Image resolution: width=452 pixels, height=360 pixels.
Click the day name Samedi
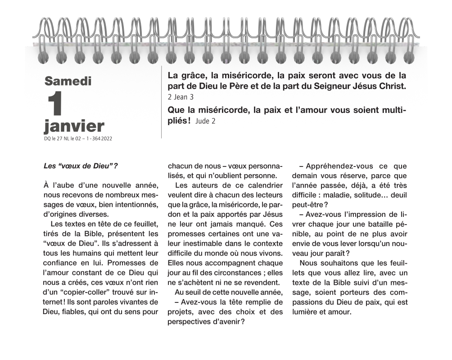pyautogui.click(x=68, y=81)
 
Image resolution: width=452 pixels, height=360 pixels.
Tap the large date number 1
pyautogui.click(x=54, y=104)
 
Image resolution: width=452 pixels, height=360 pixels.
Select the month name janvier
pyautogui.click(x=74, y=126)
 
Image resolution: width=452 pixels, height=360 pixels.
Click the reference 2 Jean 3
pyautogui.click(x=181, y=97)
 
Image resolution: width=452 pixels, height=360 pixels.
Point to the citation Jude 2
pyautogui.click(x=206, y=121)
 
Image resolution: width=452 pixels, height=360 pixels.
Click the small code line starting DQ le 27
pyautogui.click(x=78, y=139)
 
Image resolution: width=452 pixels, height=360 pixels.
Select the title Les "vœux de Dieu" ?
pyautogui.click(x=81, y=165)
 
